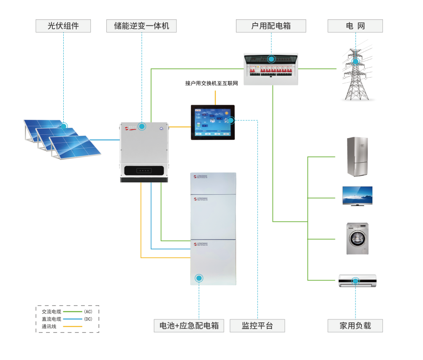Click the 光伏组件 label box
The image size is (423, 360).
63,26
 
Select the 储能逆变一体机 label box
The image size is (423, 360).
141,26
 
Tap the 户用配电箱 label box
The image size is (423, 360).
271,26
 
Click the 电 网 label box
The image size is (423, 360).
355,26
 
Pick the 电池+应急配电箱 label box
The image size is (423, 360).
189,326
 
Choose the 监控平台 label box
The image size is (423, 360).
257,326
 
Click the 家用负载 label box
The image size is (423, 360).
355,326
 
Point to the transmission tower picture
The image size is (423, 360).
357,71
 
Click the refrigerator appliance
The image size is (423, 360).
357,156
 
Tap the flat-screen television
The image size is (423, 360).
357,196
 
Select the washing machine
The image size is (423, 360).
357,239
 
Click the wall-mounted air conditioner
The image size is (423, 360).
357,281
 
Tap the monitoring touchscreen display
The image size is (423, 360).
213,122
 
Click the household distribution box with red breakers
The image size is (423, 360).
271,68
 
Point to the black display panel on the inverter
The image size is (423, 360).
144,171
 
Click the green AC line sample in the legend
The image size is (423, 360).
72,311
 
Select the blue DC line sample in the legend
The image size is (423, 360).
72,319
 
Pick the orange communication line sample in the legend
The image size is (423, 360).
72,327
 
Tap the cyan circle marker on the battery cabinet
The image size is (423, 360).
199,278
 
